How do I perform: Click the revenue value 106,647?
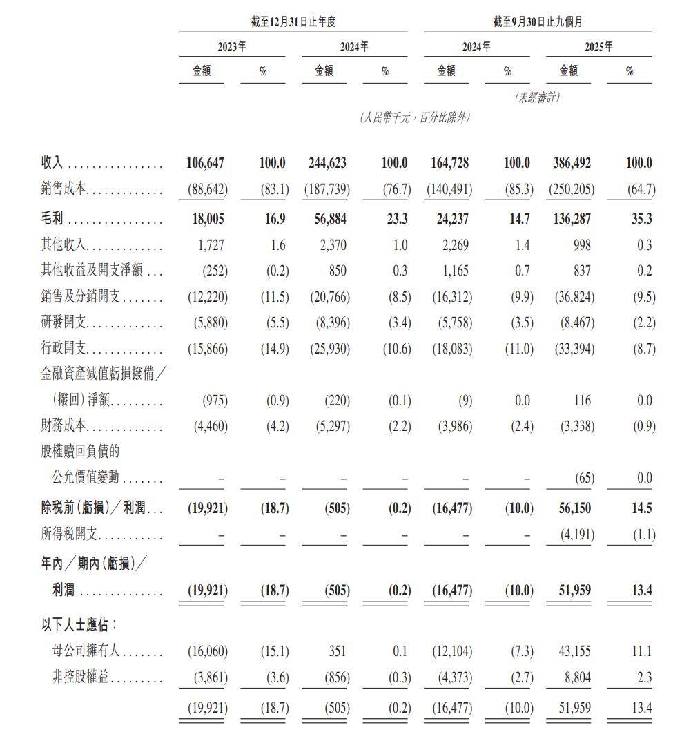click(x=205, y=164)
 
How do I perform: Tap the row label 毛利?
click(x=52, y=220)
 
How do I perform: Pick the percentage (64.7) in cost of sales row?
click(x=639, y=189)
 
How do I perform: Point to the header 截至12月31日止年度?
click(x=293, y=22)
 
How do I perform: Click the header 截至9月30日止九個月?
click(x=537, y=22)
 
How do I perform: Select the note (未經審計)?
click(x=537, y=97)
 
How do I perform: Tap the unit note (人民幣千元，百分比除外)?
click(x=414, y=117)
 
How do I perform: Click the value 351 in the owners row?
click(x=336, y=651)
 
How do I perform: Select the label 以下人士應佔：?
click(x=79, y=625)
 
